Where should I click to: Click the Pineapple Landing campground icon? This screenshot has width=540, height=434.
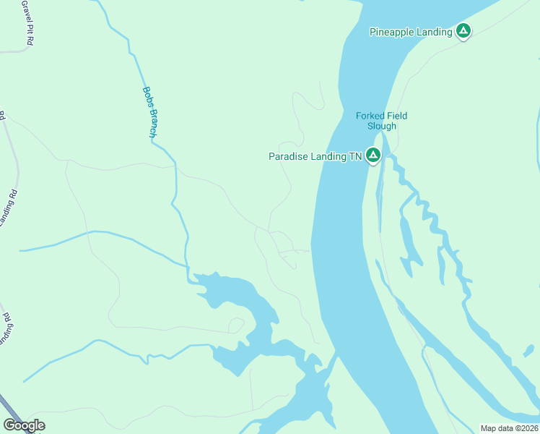(x=463, y=31)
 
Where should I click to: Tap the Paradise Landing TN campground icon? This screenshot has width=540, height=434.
(x=373, y=155)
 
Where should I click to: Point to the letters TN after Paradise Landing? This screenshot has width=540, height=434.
(x=354, y=156)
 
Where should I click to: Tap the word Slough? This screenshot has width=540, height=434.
(x=381, y=126)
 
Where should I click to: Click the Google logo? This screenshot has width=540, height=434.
(x=24, y=425)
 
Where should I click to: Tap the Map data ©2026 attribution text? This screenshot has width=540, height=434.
(x=509, y=428)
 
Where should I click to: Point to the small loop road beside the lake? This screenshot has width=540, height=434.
(x=236, y=325)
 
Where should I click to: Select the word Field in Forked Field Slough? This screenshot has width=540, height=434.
(x=396, y=116)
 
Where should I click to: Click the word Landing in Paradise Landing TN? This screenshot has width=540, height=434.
(x=328, y=156)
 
